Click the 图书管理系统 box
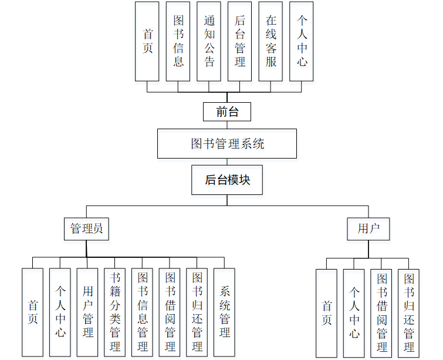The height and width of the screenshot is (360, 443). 227,144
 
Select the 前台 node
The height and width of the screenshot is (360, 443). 227,112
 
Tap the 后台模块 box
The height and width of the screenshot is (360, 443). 227,180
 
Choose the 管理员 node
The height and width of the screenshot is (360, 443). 87,228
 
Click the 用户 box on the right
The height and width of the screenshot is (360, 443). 368,228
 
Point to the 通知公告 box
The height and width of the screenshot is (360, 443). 209,41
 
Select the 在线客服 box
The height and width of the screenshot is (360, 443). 270,41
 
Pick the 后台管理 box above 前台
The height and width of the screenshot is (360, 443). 240,41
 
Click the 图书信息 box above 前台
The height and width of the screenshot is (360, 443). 178,41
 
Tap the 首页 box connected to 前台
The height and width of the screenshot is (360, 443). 147,41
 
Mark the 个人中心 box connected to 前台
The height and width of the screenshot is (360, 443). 302,41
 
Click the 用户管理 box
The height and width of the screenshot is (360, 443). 87,312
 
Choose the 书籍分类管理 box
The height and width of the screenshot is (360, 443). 115,312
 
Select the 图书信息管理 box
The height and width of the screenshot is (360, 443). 143,312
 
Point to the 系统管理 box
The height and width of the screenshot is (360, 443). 224,312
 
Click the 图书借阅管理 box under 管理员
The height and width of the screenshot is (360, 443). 170,312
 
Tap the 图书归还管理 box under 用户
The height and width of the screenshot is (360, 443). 409,313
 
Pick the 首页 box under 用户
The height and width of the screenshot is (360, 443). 327,313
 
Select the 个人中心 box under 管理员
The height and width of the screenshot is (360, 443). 60,312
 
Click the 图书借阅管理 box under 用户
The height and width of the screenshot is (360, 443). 381,313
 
